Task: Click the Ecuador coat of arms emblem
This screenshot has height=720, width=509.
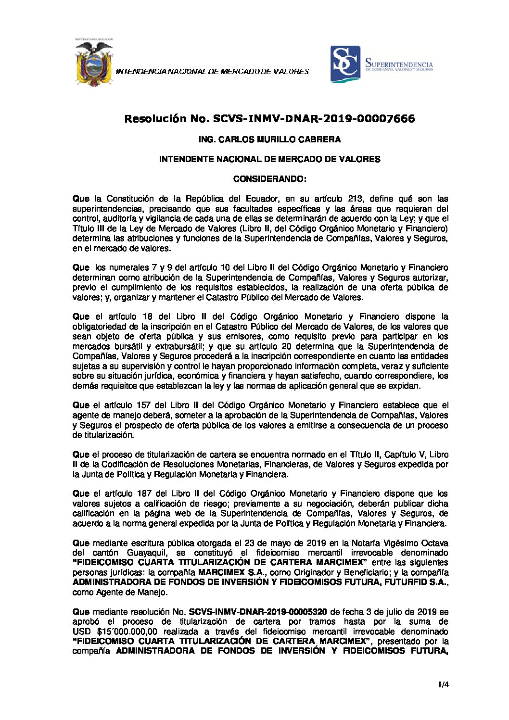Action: pos(94,63)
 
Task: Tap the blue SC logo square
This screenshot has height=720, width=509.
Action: pos(345,64)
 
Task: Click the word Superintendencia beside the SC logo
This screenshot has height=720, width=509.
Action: pos(399,63)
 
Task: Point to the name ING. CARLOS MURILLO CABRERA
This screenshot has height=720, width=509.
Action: pos(269,139)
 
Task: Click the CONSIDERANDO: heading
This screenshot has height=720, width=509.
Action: pos(269,179)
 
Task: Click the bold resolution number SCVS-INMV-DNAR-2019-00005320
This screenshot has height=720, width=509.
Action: pos(258,612)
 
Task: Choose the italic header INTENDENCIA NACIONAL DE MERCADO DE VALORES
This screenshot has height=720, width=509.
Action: pos(212,72)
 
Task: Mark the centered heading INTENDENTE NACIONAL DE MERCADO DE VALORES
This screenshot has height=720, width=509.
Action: pos(269,159)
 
